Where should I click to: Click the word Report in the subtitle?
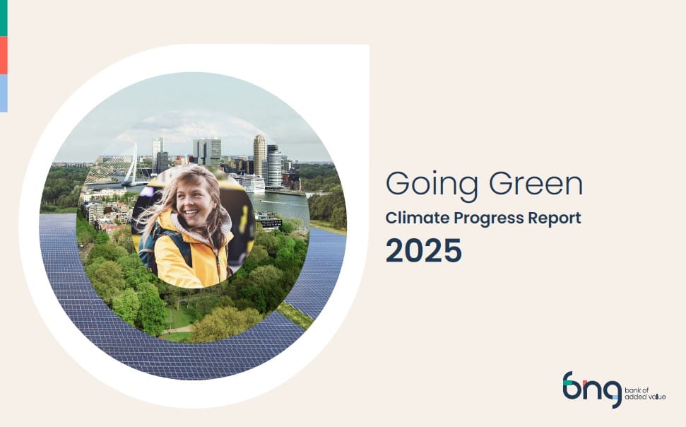(x=555, y=218)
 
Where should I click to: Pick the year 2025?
(x=423, y=250)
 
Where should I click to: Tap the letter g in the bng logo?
(x=612, y=391)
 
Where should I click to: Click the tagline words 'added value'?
(x=645, y=397)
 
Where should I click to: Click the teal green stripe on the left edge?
(x=4, y=18)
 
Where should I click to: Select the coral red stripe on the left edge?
(x=4, y=55)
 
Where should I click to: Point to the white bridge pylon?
(x=132, y=164)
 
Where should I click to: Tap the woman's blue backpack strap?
(x=148, y=240)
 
